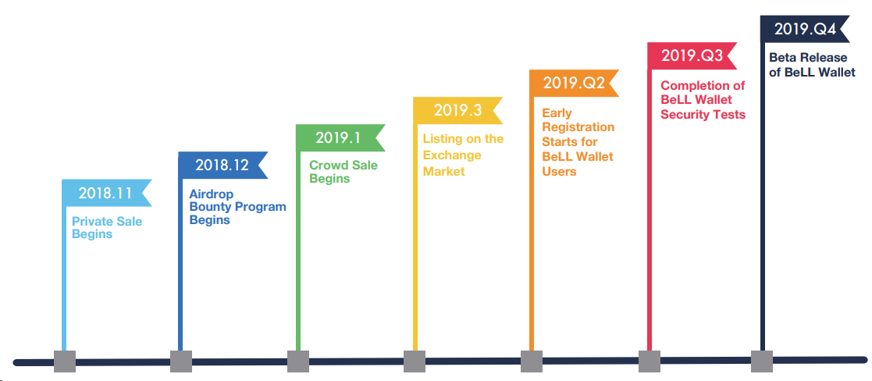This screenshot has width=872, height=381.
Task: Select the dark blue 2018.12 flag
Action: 221,165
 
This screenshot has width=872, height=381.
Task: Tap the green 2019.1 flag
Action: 338,137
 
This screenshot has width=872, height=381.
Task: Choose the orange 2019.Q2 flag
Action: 573,83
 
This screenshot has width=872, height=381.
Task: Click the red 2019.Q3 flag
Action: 690,55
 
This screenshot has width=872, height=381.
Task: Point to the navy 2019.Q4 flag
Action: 804,30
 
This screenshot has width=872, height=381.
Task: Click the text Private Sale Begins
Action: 107,228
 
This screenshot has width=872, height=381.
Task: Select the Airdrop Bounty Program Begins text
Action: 237,207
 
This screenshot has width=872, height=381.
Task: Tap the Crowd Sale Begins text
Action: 343,172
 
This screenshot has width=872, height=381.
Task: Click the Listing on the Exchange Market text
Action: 463,155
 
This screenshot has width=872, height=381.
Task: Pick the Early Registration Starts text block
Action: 578,142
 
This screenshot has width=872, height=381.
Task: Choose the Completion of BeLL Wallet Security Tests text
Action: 703,100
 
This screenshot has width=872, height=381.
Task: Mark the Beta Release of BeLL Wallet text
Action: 812,65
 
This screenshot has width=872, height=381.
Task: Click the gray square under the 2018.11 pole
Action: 65,361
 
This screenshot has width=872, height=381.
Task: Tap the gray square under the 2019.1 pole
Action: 298,361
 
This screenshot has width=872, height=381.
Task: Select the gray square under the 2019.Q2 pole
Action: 532,361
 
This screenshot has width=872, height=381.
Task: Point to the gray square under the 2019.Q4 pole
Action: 762,361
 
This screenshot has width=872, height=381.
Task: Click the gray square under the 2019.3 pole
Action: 415,361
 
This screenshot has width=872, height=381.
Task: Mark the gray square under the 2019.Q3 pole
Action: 650,361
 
